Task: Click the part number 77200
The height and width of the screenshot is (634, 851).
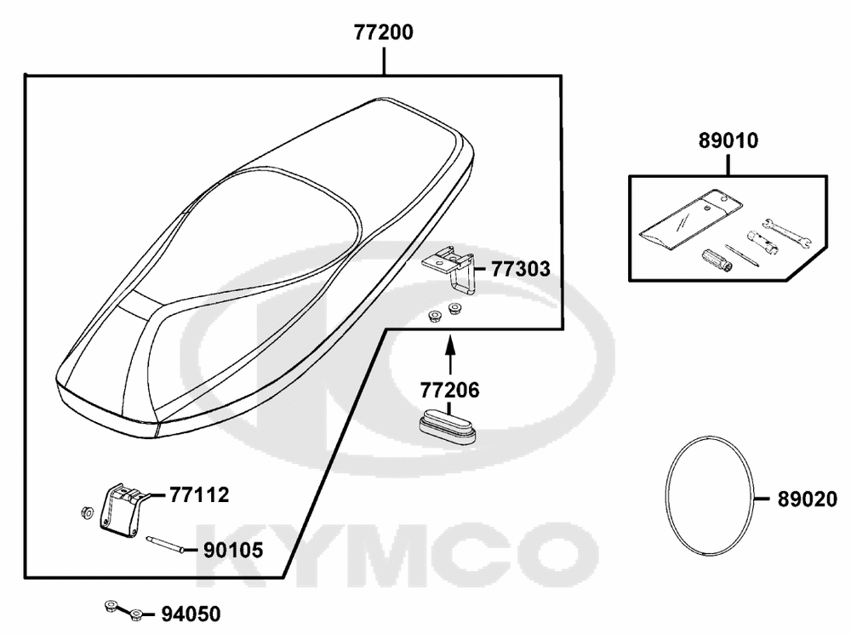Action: [x=384, y=32]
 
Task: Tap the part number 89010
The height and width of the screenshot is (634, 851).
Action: [x=728, y=140]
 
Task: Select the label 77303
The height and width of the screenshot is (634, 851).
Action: [x=521, y=269]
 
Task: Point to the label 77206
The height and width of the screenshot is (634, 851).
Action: [x=450, y=390]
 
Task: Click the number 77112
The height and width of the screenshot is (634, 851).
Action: [x=199, y=495]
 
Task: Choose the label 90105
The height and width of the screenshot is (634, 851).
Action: [x=233, y=551]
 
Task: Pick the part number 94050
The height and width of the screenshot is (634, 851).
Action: [x=191, y=614]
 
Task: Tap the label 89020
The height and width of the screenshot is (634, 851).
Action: [x=807, y=500]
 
